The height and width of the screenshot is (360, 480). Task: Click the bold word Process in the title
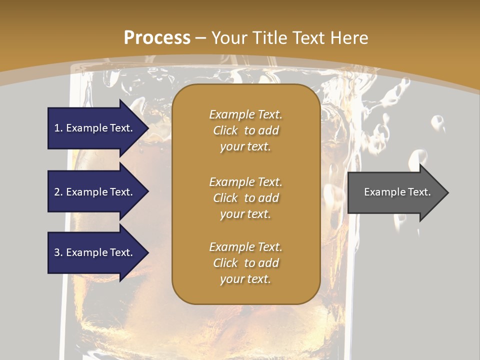(157, 38)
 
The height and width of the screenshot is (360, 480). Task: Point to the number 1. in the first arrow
(58, 128)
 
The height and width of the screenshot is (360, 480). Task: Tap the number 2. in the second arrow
(58, 192)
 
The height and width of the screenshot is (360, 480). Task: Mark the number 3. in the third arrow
(58, 252)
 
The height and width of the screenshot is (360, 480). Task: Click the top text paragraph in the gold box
(245, 130)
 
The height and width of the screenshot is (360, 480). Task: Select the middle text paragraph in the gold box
(245, 198)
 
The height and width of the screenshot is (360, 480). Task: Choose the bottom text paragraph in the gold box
(245, 263)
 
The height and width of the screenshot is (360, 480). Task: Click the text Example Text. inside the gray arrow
(397, 192)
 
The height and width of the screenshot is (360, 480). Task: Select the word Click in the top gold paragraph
(225, 130)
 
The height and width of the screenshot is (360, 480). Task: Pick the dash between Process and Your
(201, 38)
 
